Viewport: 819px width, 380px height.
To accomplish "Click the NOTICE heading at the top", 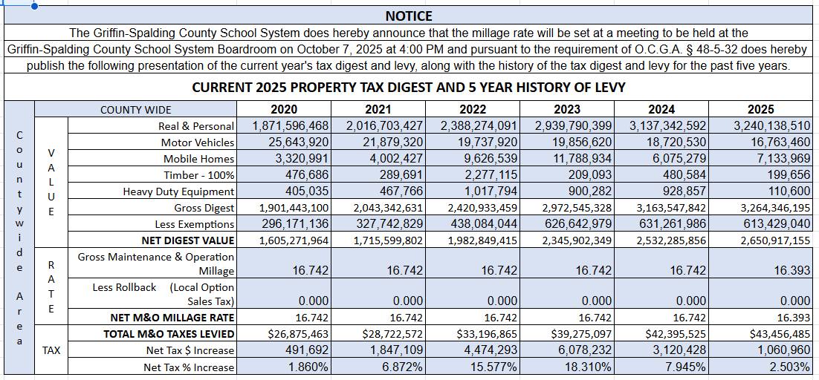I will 409,16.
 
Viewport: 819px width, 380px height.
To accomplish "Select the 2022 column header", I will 473,110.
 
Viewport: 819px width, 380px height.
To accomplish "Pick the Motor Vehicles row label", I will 197,142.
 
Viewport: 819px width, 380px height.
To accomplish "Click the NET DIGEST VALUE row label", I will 188,240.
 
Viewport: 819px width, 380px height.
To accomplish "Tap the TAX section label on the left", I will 51,350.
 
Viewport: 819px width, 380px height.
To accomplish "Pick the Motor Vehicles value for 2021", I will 393,142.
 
